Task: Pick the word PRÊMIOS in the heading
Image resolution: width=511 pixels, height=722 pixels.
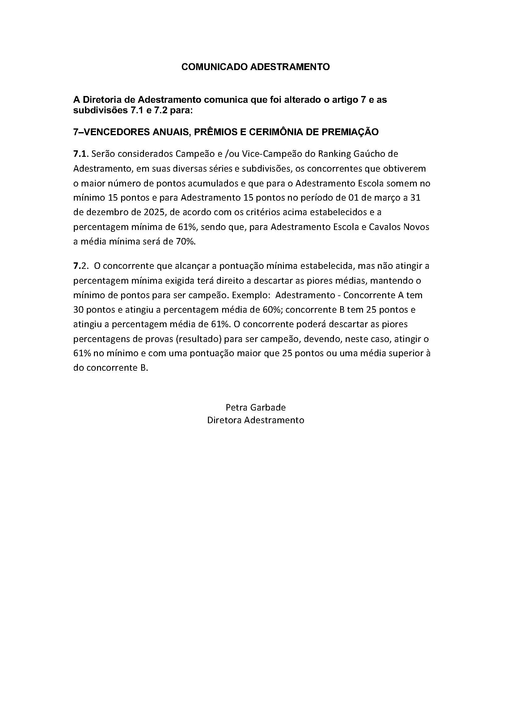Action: pyautogui.click(x=214, y=132)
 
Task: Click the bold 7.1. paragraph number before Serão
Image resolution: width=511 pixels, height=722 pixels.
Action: pyautogui.click(x=80, y=154)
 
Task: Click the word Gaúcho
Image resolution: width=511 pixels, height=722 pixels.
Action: pyautogui.click(x=368, y=154)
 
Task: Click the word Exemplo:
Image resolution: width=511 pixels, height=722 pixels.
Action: pyautogui.click(x=253, y=296)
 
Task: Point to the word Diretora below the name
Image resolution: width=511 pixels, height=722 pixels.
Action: pyautogui.click(x=224, y=420)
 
